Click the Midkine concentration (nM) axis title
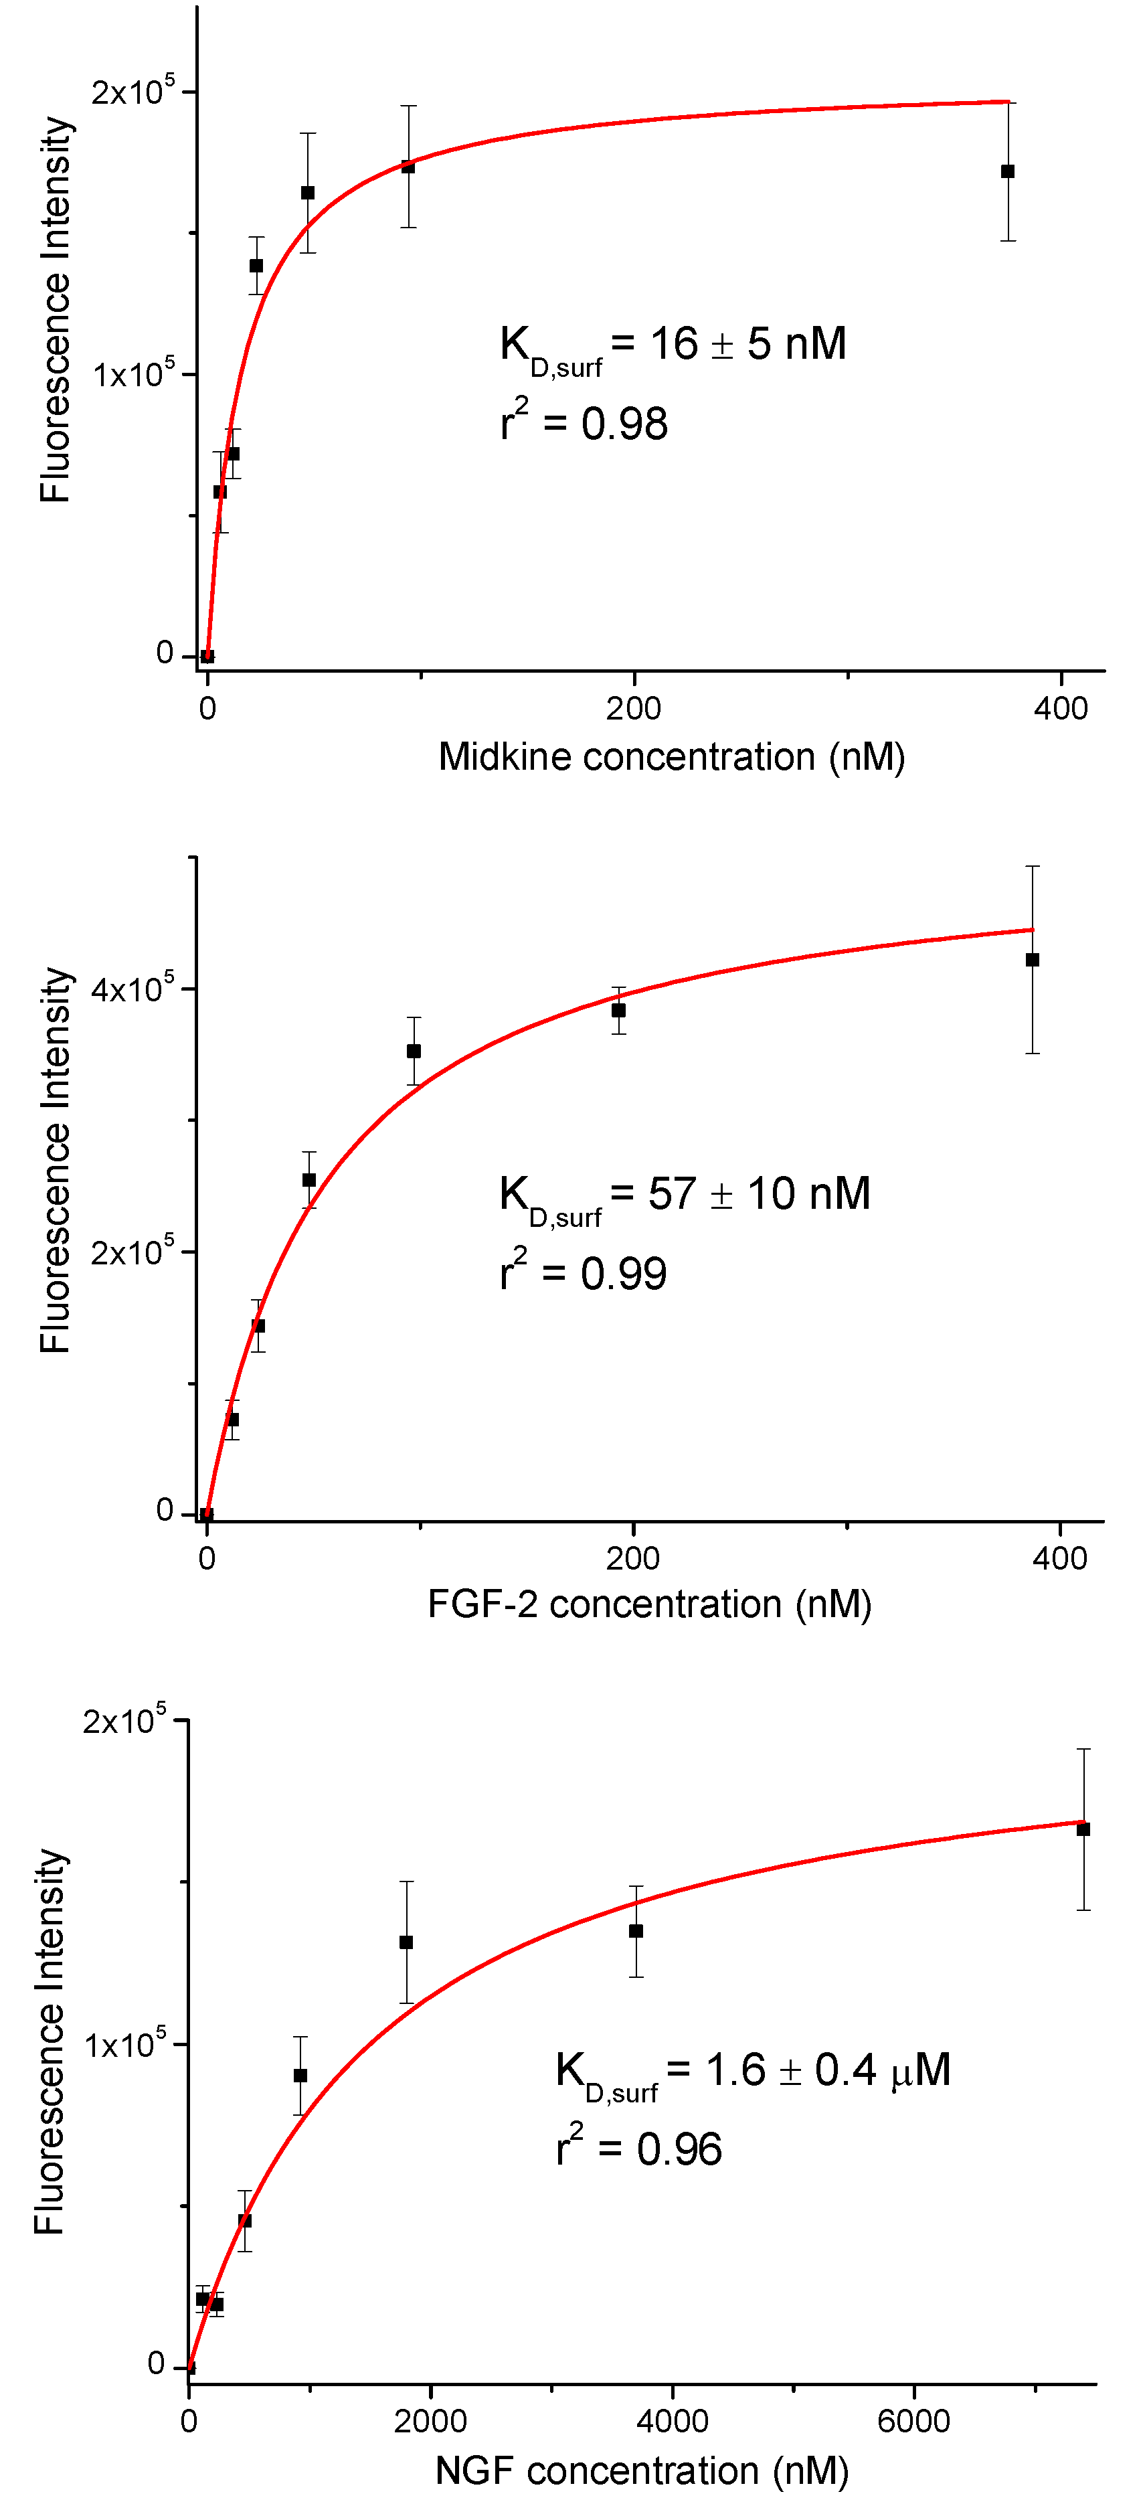[x=671, y=758]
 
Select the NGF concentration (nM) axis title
[x=642, y=2471]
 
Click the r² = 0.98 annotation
[x=584, y=423]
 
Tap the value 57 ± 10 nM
[x=759, y=1193]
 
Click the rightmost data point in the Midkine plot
[x=1008, y=171]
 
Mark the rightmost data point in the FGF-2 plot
[x=1032, y=960]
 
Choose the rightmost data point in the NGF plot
[x=1083, y=1829]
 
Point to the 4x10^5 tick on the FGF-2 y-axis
[x=132, y=989]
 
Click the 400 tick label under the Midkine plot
[x=1060, y=709]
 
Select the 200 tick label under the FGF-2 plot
[x=633, y=1558]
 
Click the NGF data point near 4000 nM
[x=636, y=1931]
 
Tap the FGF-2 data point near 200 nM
[x=618, y=1010]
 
